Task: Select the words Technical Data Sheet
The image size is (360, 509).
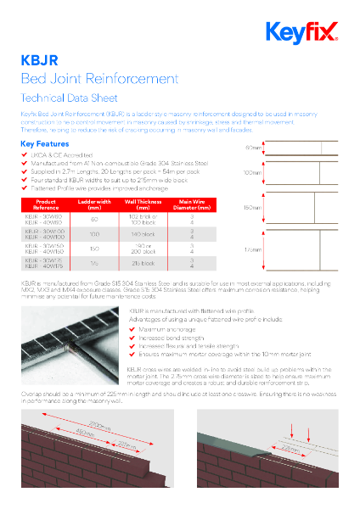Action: click(64, 98)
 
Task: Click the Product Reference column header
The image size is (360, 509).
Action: click(46, 205)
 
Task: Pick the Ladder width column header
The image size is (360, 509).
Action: click(94, 205)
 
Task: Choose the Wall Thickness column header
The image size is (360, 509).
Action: click(143, 205)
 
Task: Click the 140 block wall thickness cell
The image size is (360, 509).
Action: click(143, 233)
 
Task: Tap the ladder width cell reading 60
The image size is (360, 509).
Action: click(94, 218)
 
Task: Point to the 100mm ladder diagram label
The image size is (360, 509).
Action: click(252, 172)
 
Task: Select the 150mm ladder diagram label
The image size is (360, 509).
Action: click(252, 207)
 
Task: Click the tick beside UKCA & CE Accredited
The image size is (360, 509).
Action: click(24, 155)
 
